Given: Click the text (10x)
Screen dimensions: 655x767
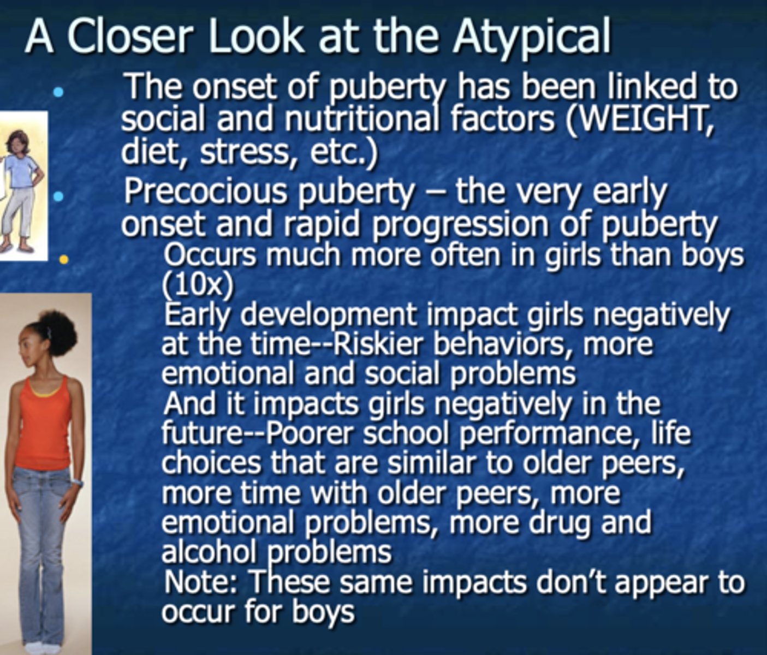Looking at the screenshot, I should (198, 283).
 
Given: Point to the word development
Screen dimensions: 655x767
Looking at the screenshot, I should (328, 315).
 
